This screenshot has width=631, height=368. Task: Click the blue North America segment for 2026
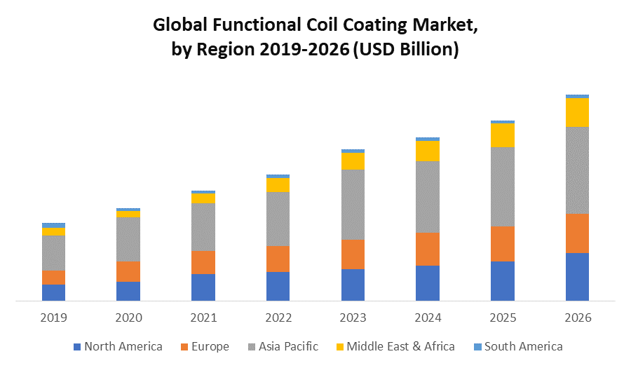click(x=577, y=277)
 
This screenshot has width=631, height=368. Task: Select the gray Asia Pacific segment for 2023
click(x=353, y=205)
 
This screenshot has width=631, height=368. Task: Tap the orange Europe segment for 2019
click(x=53, y=278)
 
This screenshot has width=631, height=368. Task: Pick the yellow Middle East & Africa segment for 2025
click(x=503, y=135)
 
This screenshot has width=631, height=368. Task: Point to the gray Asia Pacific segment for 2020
click(x=128, y=240)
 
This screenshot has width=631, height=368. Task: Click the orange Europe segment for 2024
click(x=428, y=249)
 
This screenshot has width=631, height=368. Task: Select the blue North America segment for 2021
click(x=203, y=287)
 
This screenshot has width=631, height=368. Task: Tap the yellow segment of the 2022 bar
click(x=278, y=185)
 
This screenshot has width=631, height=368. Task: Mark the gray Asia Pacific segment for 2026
click(x=577, y=170)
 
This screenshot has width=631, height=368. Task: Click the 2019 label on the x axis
click(x=53, y=318)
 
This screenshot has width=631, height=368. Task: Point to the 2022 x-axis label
click(x=278, y=318)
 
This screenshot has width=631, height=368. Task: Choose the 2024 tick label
click(x=428, y=318)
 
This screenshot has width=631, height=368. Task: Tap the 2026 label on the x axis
click(x=577, y=318)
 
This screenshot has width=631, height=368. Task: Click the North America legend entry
click(x=117, y=346)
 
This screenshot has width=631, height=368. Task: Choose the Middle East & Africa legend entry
click(x=394, y=346)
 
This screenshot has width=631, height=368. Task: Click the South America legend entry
click(x=517, y=346)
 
